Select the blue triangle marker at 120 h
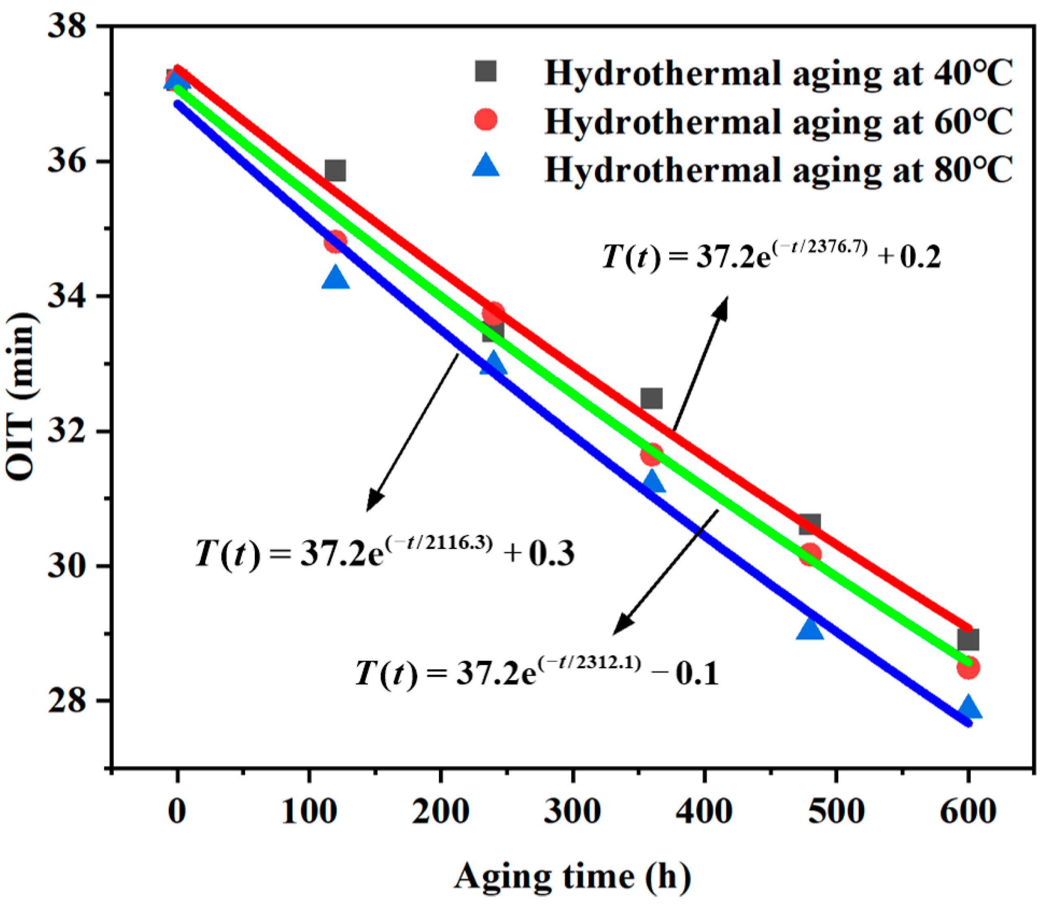(x=335, y=278)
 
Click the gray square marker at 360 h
(x=651, y=398)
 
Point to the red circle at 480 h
(x=810, y=555)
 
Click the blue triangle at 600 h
(x=968, y=707)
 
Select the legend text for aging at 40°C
(x=778, y=73)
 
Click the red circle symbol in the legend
(x=485, y=119)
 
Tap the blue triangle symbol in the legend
(x=485, y=166)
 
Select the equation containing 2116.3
(x=385, y=553)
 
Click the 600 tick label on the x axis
(x=968, y=812)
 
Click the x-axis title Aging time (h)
(x=572, y=876)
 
